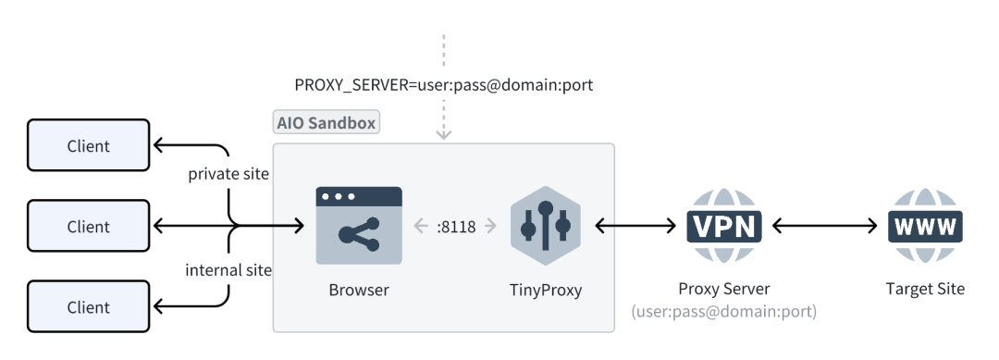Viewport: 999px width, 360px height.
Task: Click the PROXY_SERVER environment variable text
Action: [x=443, y=85]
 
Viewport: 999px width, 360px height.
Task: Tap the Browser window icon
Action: [x=359, y=225]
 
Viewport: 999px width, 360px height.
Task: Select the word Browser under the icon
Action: [x=359, y=290]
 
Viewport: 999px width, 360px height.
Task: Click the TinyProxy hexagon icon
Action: [x=546, y=226]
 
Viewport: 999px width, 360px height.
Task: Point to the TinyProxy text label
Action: [x=546, y=290]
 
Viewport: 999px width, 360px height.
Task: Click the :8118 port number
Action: [x=456, y=226]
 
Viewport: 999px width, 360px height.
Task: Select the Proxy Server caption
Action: [x=724, y=289]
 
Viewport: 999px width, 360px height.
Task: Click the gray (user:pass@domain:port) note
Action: [x=724, y=313]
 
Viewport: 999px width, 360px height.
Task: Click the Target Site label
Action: [x=925, y=289]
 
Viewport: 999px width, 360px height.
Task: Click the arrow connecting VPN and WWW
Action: [x=824, y=226]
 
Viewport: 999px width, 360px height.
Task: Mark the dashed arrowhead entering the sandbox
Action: [x=444, y=133]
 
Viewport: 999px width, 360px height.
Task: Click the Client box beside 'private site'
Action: [x=88, y=145]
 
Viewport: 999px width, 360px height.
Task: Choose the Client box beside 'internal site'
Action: [x=88, y=306]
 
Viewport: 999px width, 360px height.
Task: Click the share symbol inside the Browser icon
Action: [x=359, y=235]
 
